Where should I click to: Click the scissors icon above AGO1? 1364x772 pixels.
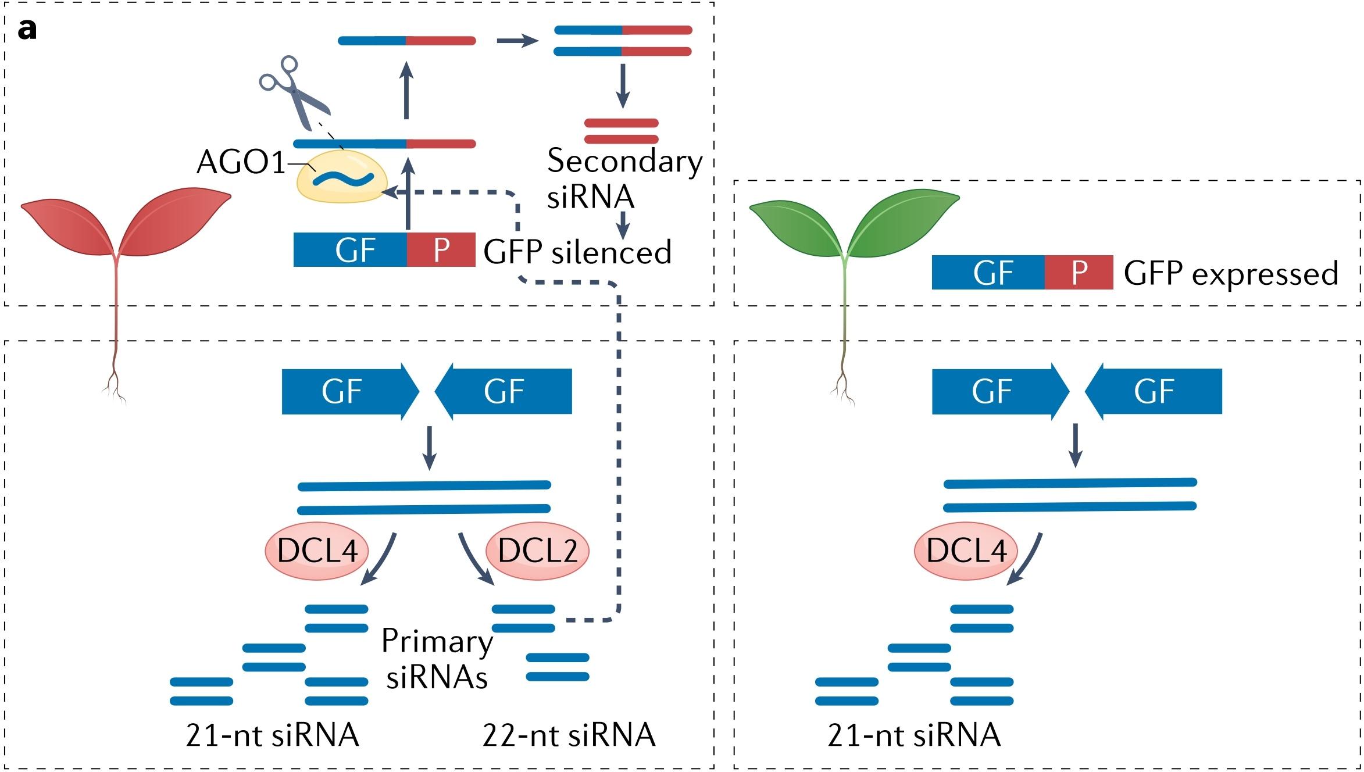(x=294, y=93)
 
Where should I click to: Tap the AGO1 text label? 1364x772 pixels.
(x=241, y=162)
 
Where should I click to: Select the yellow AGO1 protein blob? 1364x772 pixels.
(x=342, y=178)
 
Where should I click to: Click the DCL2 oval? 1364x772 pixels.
(x=537, y=551)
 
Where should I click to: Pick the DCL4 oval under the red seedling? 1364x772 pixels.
(x=317, y=551)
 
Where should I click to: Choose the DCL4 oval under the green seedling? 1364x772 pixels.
(x=966, y=551)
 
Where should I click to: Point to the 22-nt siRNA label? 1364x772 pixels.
(x=569, y=735)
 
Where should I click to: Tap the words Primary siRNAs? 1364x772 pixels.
(x=437, y=659)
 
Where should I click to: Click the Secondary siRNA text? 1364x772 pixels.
(x=624, y=178)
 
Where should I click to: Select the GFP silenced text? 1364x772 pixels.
(x=577, y=252)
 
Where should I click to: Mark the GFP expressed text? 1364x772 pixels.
(x=1231, y=273)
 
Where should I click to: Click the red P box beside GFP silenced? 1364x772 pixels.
(x=441, y=250)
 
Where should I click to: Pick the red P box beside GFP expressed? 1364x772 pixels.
(x=1079, y=272)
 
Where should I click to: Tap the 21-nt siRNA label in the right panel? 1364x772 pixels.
(x=914, y=735)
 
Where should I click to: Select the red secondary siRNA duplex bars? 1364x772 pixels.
(x=621, y=131)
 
